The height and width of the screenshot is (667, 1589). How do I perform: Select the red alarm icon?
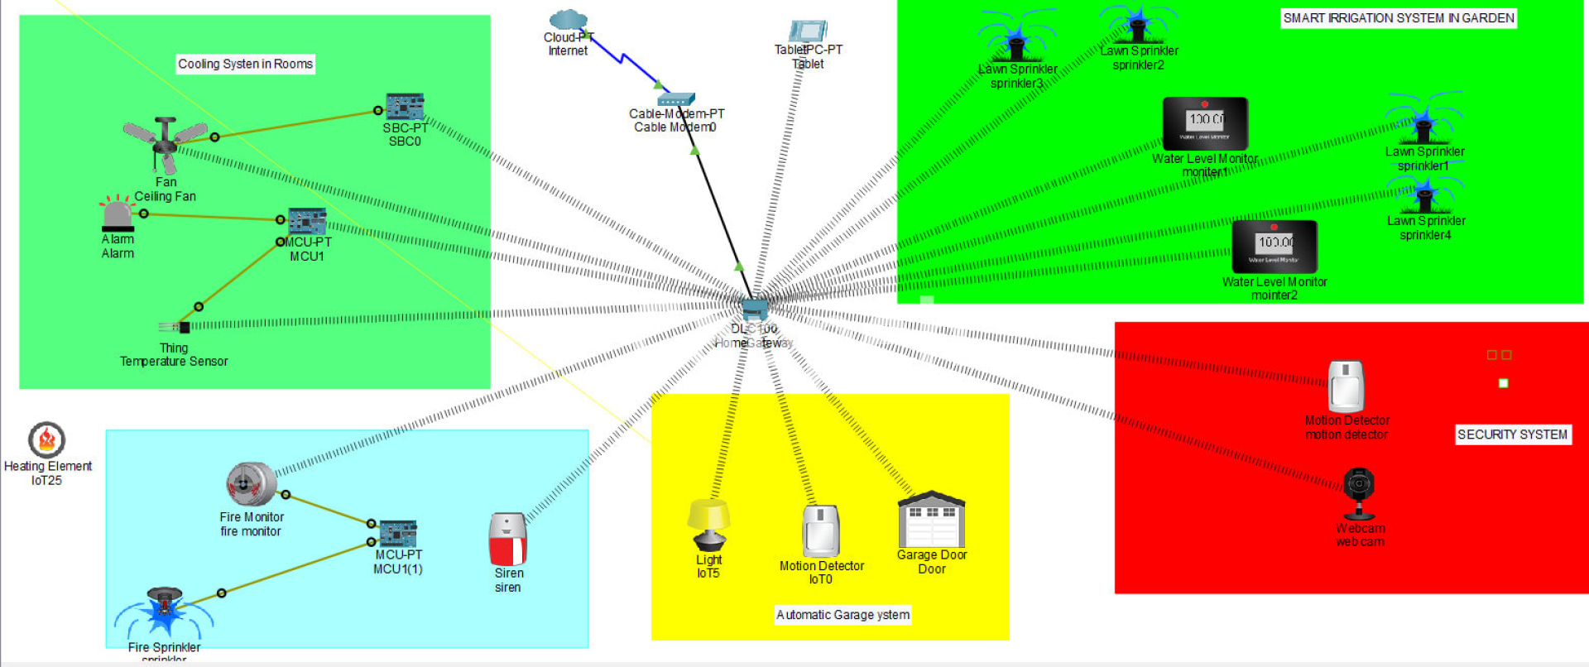coord(118,214)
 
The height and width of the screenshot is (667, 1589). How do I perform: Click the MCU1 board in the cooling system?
coord(306,222)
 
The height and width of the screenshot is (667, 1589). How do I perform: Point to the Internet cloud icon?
coord(568,20)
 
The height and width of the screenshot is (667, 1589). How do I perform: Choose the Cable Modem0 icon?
coord(676,100)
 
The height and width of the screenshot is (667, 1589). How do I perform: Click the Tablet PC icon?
coord(809,31)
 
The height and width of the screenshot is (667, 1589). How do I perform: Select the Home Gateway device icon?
coord(755,309)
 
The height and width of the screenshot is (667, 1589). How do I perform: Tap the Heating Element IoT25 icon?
coord(47,439)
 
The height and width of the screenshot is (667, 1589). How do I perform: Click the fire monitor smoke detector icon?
coord(251,484)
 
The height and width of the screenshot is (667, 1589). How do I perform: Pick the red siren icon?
coord(508,539)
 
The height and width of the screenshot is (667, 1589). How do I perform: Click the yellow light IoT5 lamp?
coord(709,525)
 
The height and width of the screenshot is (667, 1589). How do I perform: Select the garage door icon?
coord(932,520)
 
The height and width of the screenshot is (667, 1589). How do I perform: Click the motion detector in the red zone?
coord(1346,386)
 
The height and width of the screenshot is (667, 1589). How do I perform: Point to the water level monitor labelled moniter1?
coord(1205,123)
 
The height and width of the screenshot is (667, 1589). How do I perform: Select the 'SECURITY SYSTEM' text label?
coord(1512,434)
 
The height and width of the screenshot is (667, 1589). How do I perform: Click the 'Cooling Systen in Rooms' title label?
coord(246,64)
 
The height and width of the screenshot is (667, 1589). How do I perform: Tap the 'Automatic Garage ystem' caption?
coord(843,615)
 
